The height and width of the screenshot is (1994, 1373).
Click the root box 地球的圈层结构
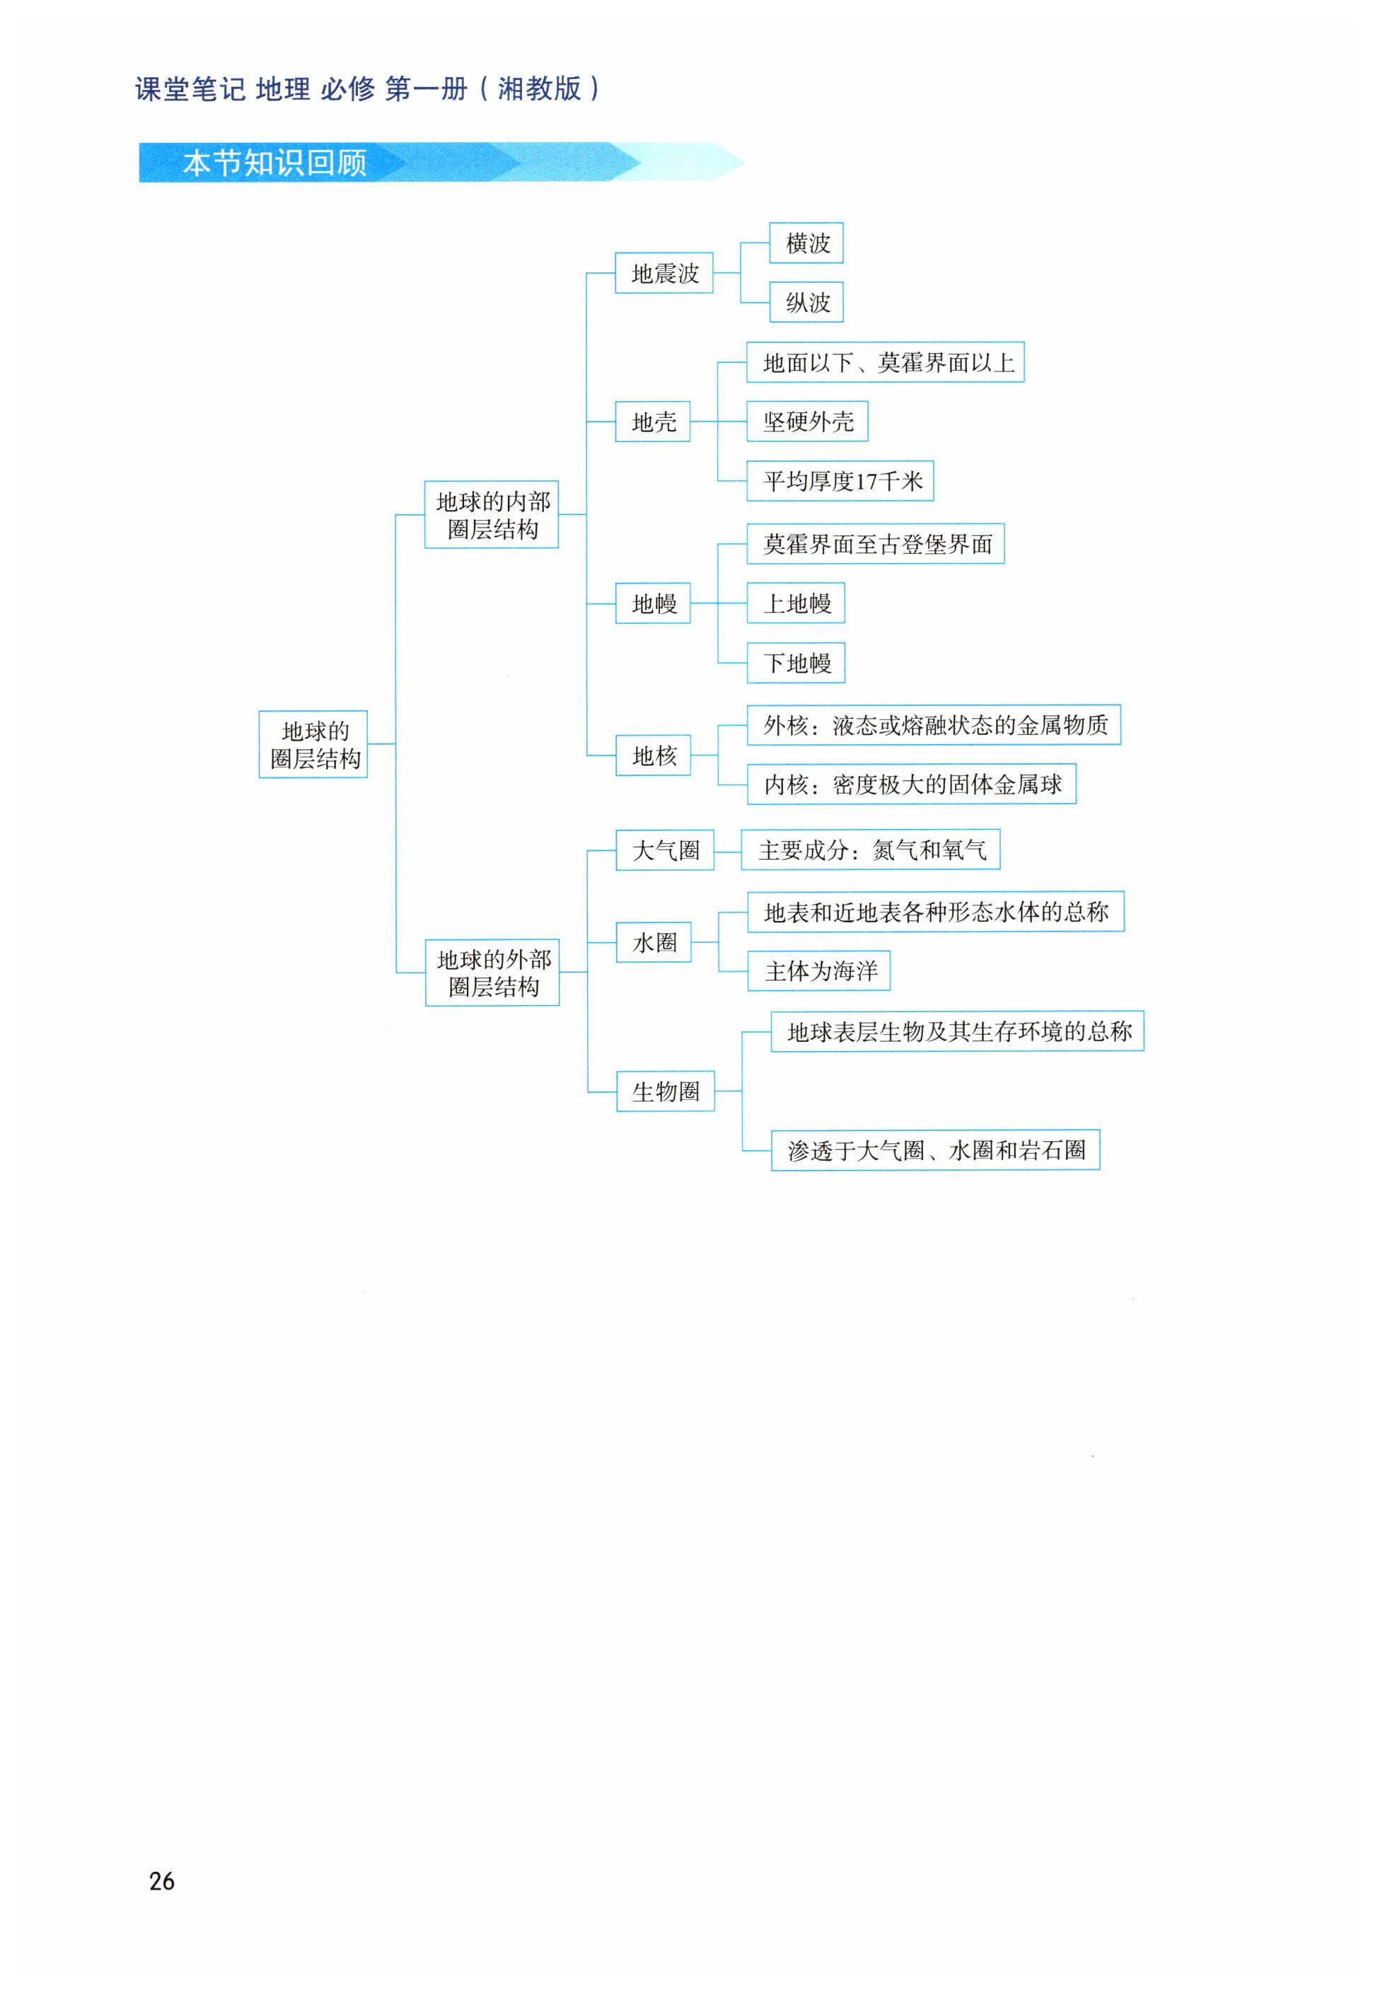tap(313, 744)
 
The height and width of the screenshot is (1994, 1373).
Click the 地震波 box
tap(664, 273)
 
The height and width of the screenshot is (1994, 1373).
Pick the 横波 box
tap(806, 243)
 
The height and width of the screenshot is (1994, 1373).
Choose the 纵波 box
tap(806, 302)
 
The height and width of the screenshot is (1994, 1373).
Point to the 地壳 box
tap(653, 422)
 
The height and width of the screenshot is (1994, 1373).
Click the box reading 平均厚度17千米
tap(840, 481)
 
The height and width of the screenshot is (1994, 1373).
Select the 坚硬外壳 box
tap(807, 422)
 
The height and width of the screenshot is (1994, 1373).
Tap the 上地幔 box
tap(796, 603)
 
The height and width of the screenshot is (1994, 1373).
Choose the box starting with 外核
tap(934, 725)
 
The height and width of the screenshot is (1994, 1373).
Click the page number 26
tap(162, 1882)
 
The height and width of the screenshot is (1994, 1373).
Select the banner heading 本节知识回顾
tap(274, 163)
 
